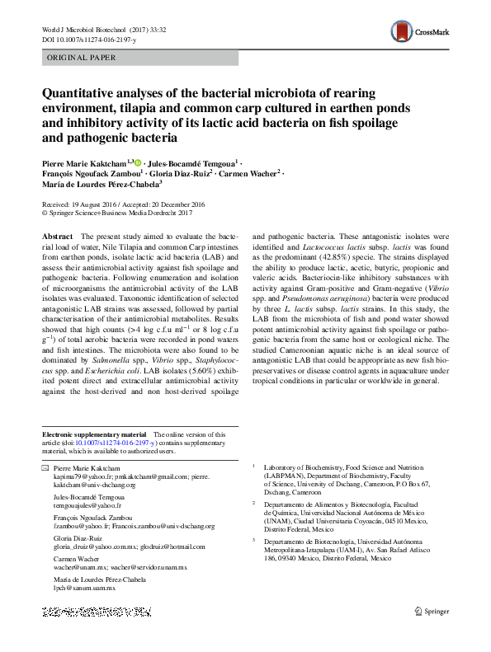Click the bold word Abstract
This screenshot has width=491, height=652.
(x=57, y=236)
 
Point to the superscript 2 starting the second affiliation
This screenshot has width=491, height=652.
(x=254, y=501)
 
